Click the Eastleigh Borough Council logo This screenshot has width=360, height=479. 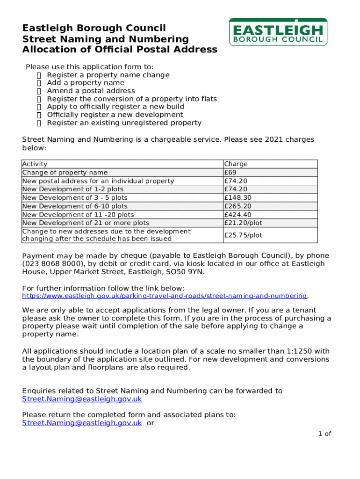pyautogui.click(x=278, y=32)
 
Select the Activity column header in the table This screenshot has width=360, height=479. pyautogui.click(x=35, y=164)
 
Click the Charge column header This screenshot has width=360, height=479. pyautogui.click(x=236, y=164)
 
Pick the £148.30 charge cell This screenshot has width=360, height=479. pyautogui.click(x=238, y=198)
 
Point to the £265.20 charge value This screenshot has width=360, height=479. pyautogui.click(x=238, y=206)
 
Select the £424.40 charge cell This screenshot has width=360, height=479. pyautogui.click(x=238, y=215)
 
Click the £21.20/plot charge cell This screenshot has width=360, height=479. pyautogui.click(x=243, y=223)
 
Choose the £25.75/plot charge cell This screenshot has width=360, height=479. pyautogui.click(x=243, y=235)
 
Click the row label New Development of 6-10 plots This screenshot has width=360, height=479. pyautogui.click(x=75, y=206)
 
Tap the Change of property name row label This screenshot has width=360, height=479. pyautogui.click(x=65, y=173)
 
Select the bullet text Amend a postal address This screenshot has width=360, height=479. pyautogui.click(x=91, y=91)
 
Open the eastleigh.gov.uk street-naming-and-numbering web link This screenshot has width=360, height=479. pyautogui.click(x=165, y=296)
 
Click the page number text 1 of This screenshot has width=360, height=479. pyautogui.click(x=324, y=434)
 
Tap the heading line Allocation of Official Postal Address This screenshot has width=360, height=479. pyautogui.click(x=120, y=50)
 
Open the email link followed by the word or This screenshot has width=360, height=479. pyautogui.click(x=82, y=423)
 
